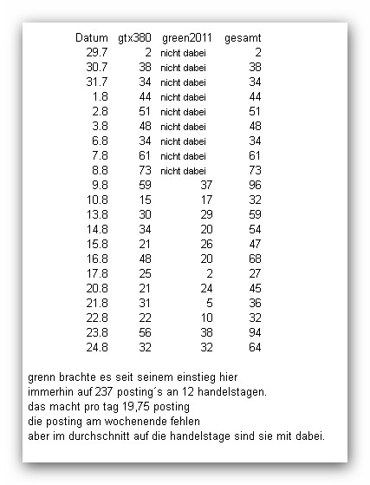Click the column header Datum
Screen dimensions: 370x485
point(91,38)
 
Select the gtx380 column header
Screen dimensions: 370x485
point(134,38)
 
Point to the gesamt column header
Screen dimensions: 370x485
point(243,38)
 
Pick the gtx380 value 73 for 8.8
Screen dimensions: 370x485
point(145,171)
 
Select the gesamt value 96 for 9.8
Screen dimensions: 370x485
point(255,186)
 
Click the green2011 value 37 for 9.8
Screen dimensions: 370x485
point(205,186)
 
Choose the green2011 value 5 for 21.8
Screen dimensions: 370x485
point(209,304)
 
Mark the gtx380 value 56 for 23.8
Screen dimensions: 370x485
point(145,333)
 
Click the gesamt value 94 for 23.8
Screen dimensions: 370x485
point(255,333)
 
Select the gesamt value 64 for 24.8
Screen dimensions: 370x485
point(255,348)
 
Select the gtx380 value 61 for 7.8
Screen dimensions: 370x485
point(145,156)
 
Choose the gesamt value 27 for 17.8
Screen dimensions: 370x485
point(255,274)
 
